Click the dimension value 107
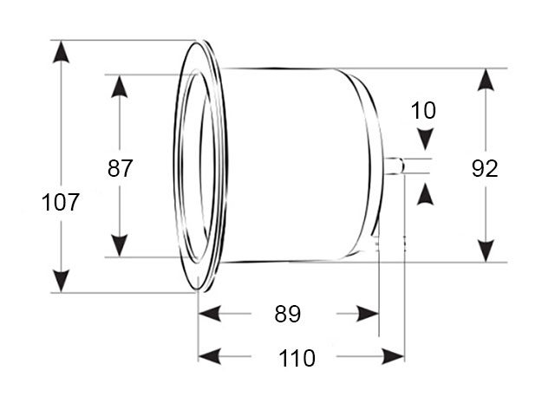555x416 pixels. coord(61,204)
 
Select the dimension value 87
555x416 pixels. coord(121,168)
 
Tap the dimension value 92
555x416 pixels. coord(485,168)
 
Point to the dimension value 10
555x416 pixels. coord(424,111)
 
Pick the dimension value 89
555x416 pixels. coord(287,315)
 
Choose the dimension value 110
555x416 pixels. coord(297,358)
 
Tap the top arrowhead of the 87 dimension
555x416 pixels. coord(121,87)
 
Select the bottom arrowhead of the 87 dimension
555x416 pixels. coord(121,245)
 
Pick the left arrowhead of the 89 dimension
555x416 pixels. coord(210,315)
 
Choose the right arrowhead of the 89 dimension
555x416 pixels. coord(368,315)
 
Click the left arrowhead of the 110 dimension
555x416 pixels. coord(210,356)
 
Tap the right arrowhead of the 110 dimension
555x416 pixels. coord(394,356)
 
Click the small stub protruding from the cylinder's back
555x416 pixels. coord(395,166)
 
